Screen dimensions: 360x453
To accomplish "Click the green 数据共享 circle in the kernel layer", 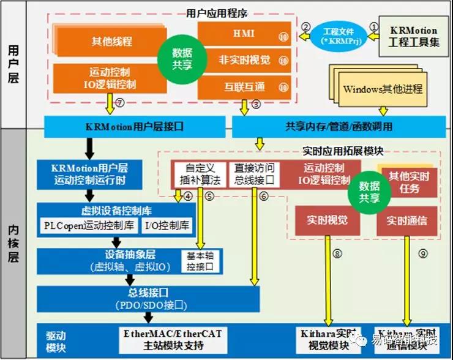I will (369, 192).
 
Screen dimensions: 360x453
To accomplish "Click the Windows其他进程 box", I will (382, 89).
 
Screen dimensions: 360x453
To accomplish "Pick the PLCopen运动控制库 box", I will (88, 226).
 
